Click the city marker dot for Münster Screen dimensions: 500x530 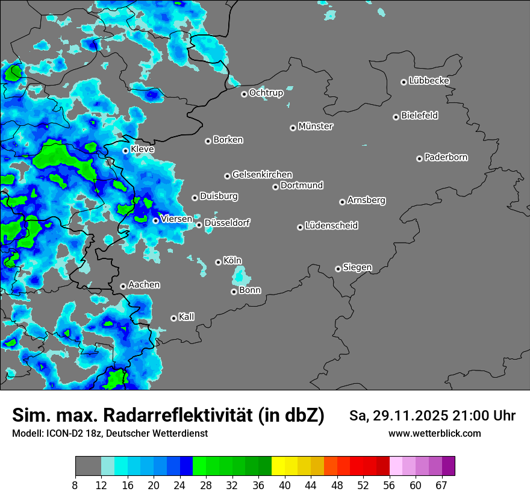(x=293, y=128)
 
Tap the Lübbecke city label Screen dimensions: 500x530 (x=429, y=81)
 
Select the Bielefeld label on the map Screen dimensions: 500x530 (x=419, y=116)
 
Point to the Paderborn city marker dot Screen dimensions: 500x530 (x=419, y=158)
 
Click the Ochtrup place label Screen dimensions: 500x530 (x=266, y=93)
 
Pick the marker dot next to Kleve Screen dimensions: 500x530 (x=125, y=151)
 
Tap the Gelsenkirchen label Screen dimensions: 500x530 (x=262, y=175)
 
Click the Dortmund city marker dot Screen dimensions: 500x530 (x=275, y=187)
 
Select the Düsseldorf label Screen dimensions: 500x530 (x=227, y=223)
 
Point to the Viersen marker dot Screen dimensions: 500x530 (x=155, y=220)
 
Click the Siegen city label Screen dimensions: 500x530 (x=357, y=267)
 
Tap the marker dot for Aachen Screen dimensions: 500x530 (x=123, y=286)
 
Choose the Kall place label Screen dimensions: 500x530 (x=187, y=317)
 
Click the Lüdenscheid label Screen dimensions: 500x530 (x=331, y=226)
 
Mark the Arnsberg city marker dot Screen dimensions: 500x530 (x=342, y=202)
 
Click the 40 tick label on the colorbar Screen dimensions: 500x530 (x=284, y=485)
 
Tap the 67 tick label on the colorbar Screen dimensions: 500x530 (x=441, y=485)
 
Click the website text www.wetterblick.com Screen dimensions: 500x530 (x=434, y=434)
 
